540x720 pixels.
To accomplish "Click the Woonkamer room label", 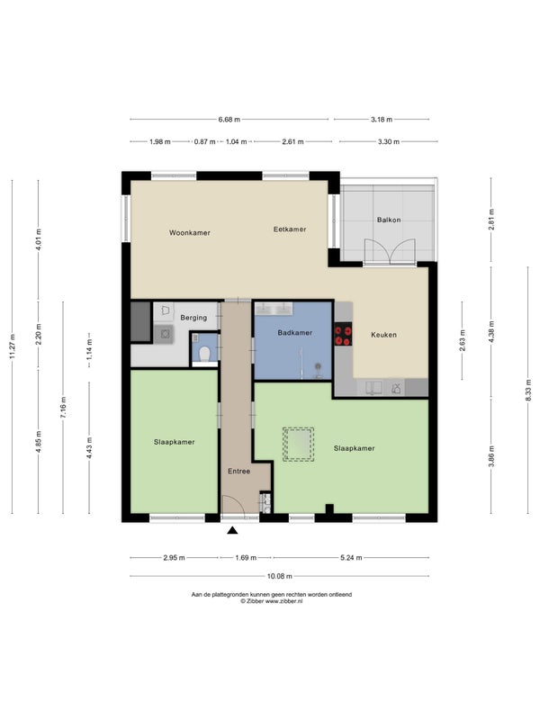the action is [190, 233].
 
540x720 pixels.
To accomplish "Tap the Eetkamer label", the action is [290, 229].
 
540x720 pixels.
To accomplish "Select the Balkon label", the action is [389, 220].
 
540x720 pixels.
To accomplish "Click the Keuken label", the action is [383, 335].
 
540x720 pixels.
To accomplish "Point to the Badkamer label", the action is [295, 332].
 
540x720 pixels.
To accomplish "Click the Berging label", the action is [193, 318].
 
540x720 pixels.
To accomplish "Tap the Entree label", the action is [238, 471].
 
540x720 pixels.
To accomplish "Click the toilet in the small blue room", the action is [205, 354].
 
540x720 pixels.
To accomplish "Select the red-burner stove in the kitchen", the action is [343, 335].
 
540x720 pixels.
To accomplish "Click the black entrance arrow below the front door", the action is [233, 531].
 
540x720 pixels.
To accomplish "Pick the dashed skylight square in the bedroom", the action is [299, 444].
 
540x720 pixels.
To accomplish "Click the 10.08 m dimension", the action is [280, 576].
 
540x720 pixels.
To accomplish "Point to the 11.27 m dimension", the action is [13, 346].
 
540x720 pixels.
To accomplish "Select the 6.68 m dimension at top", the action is [229, 120].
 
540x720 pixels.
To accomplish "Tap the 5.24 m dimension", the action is [351, 558].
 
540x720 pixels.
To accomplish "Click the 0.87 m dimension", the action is [205, 142].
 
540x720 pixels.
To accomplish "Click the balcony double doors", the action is [390, 252].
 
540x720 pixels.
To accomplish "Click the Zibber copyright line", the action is [272, 601].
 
